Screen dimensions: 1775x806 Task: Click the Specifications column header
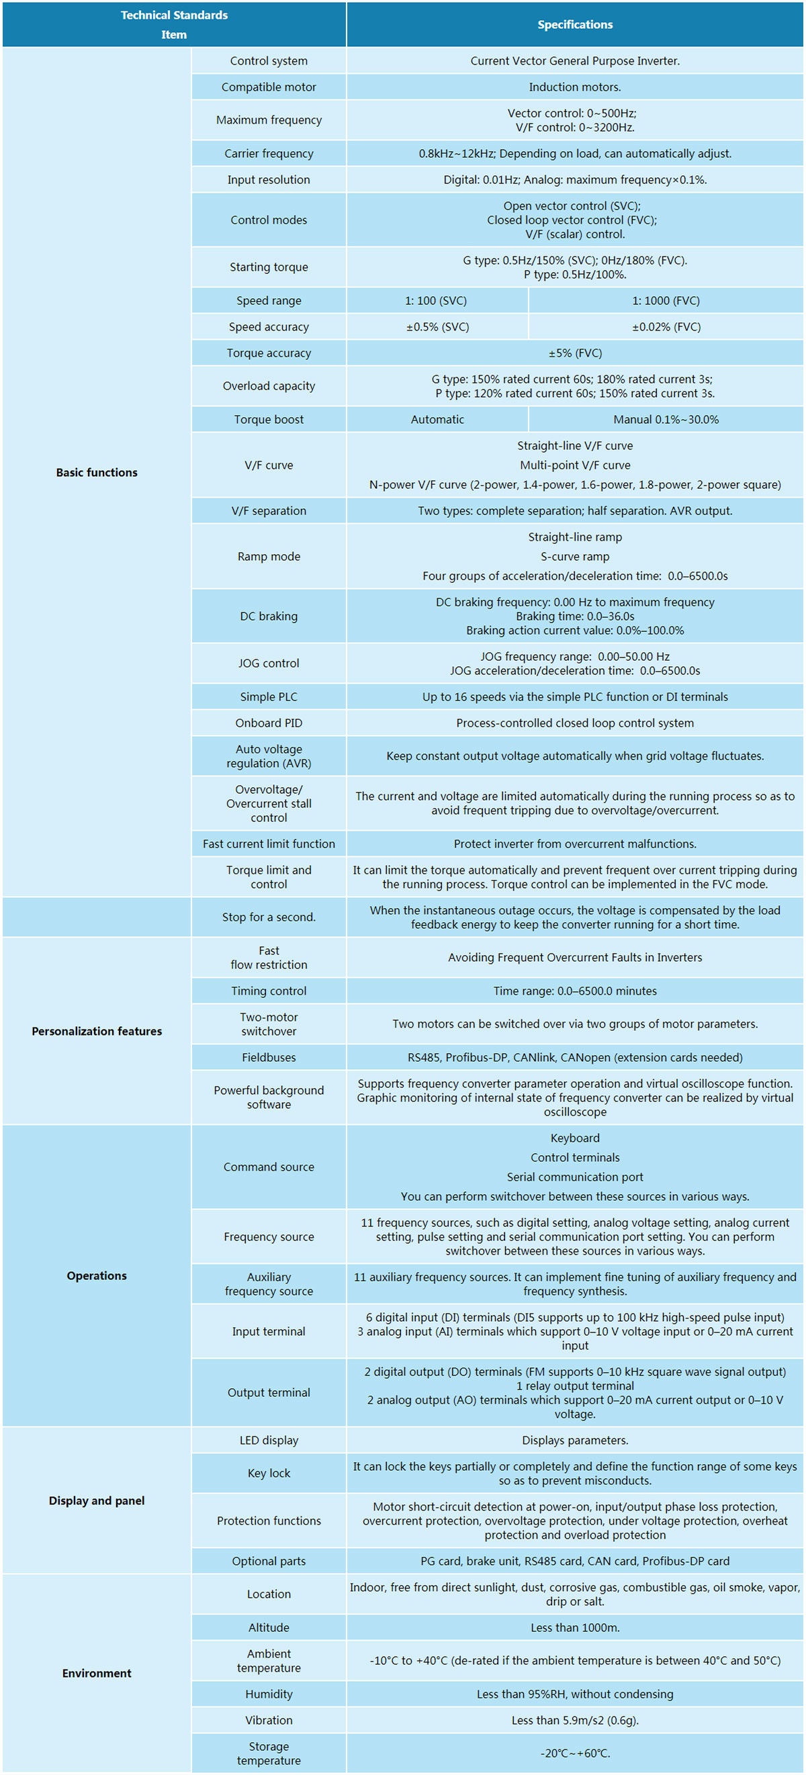(x=574, y=25)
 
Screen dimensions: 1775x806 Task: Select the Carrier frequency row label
(x=269, y=154)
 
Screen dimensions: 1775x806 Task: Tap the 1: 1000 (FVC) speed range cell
(x=666, y=301)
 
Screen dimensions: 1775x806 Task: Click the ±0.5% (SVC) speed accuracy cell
(x=437, y=327)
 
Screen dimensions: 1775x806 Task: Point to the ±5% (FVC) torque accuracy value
(x=574, y=353)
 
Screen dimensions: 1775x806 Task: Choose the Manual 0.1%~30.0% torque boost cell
(x=666, y=420)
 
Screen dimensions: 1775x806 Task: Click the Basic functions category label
(x=97, y=473)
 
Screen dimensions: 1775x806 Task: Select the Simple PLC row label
(x=269, y=697)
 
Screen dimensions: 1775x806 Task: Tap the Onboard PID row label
(x=269, y=723)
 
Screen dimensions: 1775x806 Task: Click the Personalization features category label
(x=97, y=1032)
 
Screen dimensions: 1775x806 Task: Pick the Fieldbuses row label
(x=269, y=1058)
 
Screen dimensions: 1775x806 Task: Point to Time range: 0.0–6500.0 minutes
(x=574, y=991)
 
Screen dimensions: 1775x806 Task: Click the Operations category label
(x=97, y=1276)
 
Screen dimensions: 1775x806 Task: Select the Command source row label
(x=269, y=1167)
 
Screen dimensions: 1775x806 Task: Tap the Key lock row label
(x=269, y=1473)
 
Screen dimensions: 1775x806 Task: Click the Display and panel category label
(x=97, y=1501)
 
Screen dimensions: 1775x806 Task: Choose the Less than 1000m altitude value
(x=574, y=1627)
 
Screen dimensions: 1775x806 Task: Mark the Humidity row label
(x=269, y=1694)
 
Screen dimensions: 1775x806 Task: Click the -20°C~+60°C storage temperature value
(x=574, y=1754)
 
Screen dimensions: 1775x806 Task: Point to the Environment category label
(x=97, y=1674)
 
